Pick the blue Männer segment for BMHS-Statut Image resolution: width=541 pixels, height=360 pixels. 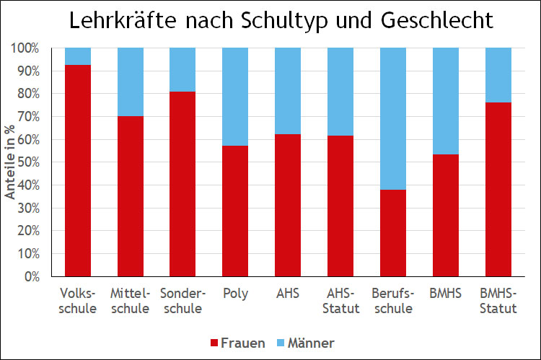(x=497, y=75)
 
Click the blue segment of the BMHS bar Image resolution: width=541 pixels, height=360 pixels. (x=445, y=101)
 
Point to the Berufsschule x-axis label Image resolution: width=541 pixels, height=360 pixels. (x=392, y=302)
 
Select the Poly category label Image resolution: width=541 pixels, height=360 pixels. (x=235, y=294)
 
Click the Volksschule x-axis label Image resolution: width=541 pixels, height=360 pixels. (x=78, y=302)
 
